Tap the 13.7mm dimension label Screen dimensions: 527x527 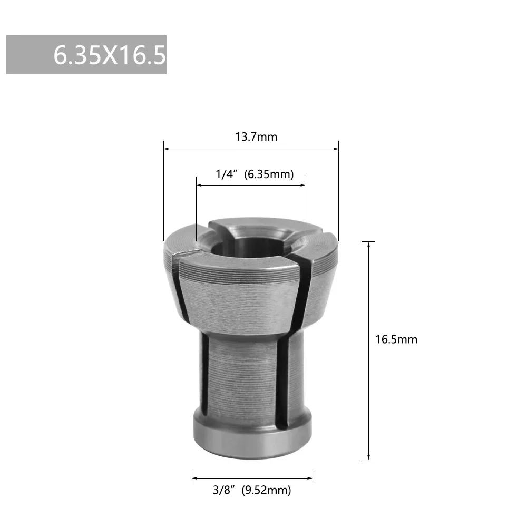coord(256,137)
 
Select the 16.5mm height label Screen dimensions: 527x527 coord(396,339)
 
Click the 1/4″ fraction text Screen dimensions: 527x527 coord(226,174)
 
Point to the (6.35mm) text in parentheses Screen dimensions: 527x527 coord(269,174)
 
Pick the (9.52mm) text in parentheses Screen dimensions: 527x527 coord(266,490)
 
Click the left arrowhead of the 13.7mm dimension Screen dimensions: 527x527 coord(167,149)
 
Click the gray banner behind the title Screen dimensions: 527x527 coord(26,55)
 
